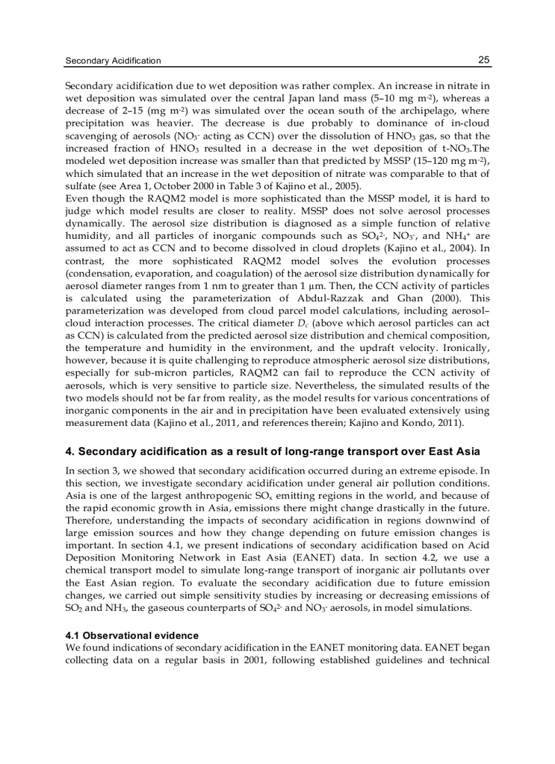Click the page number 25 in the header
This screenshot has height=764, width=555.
pyautogui.click(x=484, y=60)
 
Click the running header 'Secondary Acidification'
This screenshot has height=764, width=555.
pyautogui.click(x=113, y=61)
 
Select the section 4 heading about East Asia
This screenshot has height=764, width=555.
pyautogui.click(x=272, y=452)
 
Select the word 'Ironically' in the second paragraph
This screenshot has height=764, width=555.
pyautogui.click(x=465, y=348)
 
